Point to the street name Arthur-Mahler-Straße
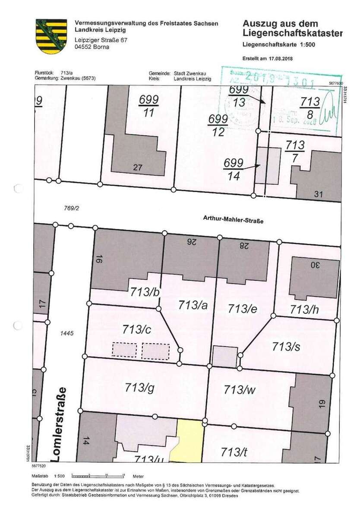click(233, 220)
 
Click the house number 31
click(318, 194)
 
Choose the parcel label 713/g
click(139, 386)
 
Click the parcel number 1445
click(68, 333)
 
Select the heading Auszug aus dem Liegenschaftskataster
click(292, 28)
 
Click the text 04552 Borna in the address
click(92, 47)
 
